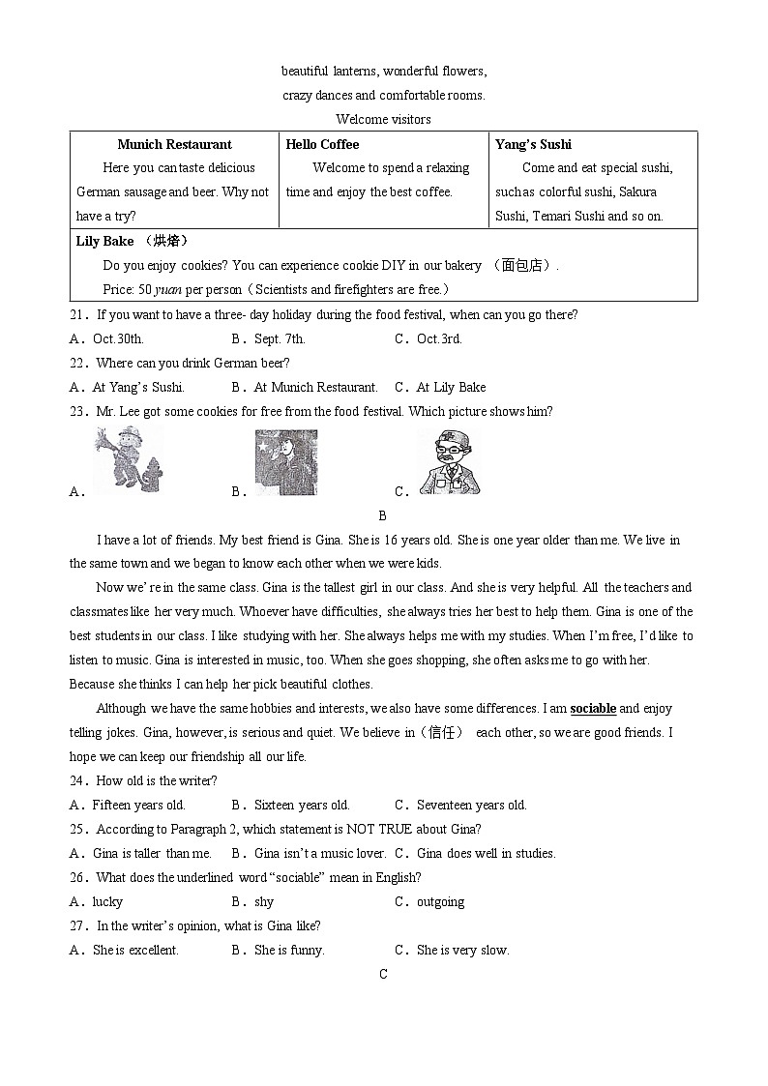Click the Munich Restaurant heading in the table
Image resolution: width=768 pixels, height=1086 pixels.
tap(174, 144)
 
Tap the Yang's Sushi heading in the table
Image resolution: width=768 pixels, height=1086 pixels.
tap(533, 144)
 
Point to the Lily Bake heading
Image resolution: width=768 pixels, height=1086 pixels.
tap(104, 241)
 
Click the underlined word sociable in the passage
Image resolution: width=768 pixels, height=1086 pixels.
tap(593, 708)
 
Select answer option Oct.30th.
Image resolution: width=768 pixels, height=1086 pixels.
tap(118, 338)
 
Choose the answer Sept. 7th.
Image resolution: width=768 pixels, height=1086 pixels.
tap(280, 338)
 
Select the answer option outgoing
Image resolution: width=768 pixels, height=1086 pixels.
tap(440, 901)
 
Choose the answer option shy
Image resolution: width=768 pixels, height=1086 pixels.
tap(264, 901)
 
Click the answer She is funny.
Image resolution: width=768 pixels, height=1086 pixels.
tap(289, 950)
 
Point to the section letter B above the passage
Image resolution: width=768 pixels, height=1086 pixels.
tap(383, 515)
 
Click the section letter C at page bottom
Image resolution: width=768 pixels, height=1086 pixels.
tap(383, 974)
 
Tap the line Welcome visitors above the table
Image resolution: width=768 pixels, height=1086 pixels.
tap(383, 119)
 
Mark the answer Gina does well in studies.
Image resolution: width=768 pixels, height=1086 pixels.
tap(486, 853)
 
